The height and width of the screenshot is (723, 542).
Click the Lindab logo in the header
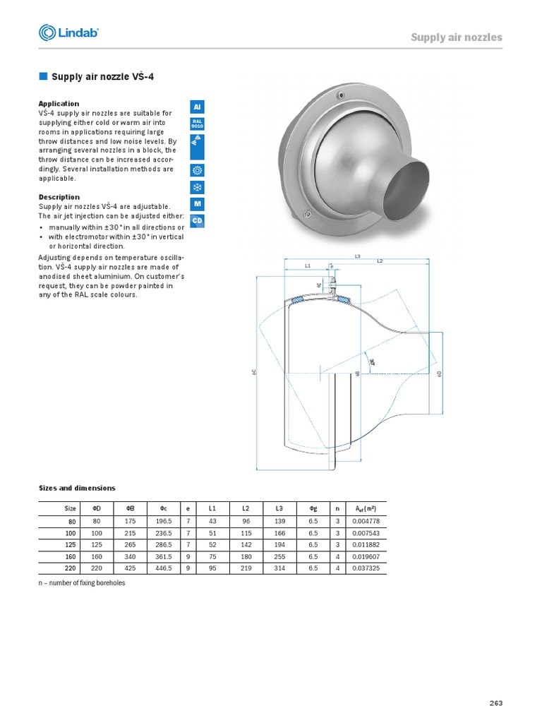[x=68, y=32]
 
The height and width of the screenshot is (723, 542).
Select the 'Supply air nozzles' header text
[x=457, y=37]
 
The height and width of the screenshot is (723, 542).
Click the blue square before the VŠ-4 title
[x=42, y=76]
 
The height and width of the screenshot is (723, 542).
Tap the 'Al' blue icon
[x=198, y=107]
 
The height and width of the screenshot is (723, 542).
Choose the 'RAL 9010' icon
[x=198, y=124]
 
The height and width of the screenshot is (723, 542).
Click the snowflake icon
[x=198, y=188]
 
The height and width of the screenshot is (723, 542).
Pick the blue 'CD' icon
[x=198, y=221]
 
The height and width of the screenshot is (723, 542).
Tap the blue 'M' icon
[x=198, y=204]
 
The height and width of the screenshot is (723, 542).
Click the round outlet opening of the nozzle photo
[x=405, y=185]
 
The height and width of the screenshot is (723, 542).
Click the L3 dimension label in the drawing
[x=358, y=256]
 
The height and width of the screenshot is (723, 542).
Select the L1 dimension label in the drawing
[x=308, y=265]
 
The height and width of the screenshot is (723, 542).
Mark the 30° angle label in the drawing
[x=371, y=361]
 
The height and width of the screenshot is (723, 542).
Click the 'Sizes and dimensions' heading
[x=76, y=488]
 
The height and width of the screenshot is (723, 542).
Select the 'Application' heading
[x=59, y=103]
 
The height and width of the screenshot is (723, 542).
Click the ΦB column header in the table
[x=130, y=508]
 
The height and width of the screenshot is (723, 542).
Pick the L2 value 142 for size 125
[x=246, y=544]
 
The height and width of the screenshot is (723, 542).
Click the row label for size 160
[x=71, y=556]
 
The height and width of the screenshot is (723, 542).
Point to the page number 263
[x=495, y=703]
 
